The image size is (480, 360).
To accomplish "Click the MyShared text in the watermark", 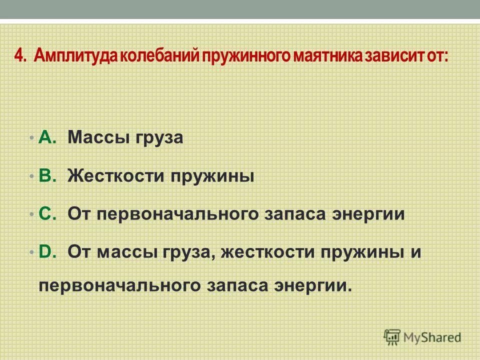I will tap(431, 337).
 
